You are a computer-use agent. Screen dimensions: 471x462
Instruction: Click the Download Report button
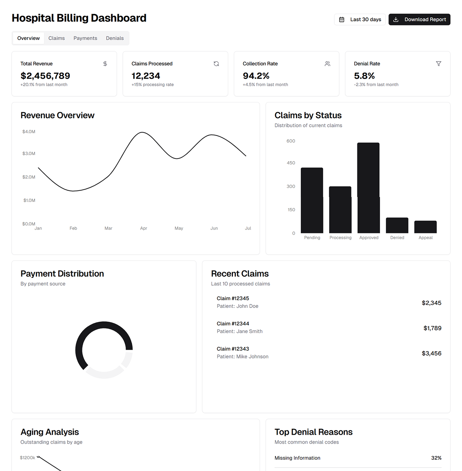click(x=419, y=19)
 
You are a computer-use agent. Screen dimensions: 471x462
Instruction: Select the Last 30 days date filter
click(x=360, y=19)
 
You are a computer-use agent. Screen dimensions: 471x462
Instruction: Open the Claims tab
click(x=57, y=38)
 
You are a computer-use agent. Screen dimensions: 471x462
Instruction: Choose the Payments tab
click(x=85, y=38)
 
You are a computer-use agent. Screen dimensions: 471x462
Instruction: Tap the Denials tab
click(x=115, y=38)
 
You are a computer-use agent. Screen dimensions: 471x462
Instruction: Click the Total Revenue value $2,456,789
click(x=45, y=76)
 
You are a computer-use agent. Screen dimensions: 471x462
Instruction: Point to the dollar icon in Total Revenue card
click(x=105, y=64)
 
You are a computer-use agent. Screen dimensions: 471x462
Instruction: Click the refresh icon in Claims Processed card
click(x=216, y=64)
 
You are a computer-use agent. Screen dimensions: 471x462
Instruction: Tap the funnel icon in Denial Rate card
click(x=439, y=64)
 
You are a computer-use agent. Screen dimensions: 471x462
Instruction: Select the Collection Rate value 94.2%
click(x=256, y=76)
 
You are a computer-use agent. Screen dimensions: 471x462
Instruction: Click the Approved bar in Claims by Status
click(x=368, y=188)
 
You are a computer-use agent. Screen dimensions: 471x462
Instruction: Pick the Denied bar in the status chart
click(x=397, y=225)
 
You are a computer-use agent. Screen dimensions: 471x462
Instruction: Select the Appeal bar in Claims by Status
click(x=425, y=227)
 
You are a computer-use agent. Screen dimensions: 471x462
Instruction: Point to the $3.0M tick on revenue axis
click(x=29, y=154)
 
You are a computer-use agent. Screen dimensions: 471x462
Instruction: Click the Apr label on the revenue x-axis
click(x=143, y=228)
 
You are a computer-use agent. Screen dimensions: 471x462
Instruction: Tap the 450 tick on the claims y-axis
click(x=291, y=163)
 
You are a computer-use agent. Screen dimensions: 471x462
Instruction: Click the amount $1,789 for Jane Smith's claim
click(x=432, y=328)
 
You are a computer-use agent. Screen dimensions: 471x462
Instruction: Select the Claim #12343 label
click(x=233, y=349)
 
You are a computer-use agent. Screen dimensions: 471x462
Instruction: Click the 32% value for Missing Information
click(x=436, y=458)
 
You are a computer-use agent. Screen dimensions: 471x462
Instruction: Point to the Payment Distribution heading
click(x=62, y=274)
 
